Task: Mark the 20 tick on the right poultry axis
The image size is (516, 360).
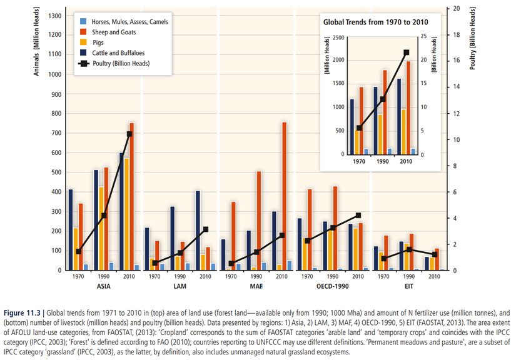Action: click(456, 8)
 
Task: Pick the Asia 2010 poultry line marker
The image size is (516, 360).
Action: click(129, 134)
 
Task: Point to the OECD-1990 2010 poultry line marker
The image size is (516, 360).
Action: click(358, 216)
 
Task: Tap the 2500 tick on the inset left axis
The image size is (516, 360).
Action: click(338, 38)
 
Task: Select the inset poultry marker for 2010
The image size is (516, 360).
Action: click(406, 52)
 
